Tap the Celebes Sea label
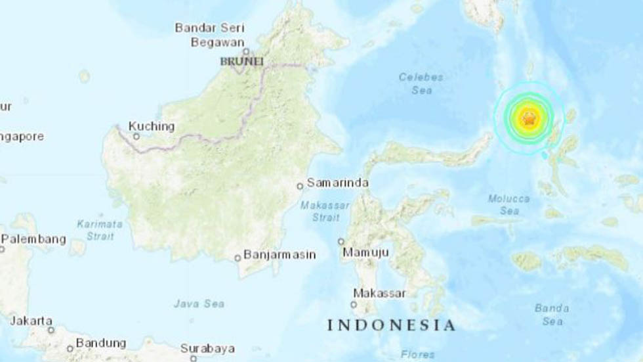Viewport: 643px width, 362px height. pyautogui.click(x=421, y=83)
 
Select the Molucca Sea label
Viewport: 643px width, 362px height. pyautogui.click(x=504, y=204)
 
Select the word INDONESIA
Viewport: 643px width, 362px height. pyautogui.click(x=390, y=325)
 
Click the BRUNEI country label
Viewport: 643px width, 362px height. pyautogui.click(x=241, y=61)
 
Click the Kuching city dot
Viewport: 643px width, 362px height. pyautogui.click(x=136, y=137)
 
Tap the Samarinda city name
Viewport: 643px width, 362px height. pyautogui.click(x=337, y=183)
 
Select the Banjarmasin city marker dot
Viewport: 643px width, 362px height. pyautogui.click(x=238, y=258)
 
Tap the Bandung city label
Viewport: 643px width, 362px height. pyautogui.click(x=100, y=343)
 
